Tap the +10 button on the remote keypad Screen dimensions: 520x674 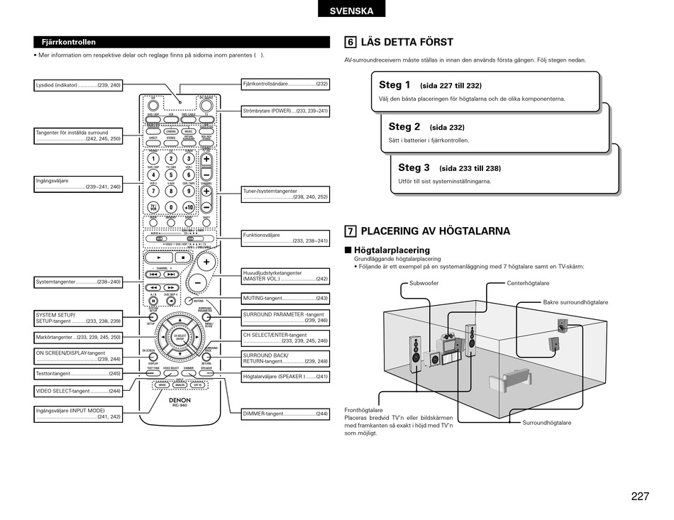point(189,207)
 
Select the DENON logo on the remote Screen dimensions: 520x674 point(179,400)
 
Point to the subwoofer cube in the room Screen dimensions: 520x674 point(436,360)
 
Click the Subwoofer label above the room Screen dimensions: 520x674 point(424,283)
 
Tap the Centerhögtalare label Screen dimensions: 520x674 point(528,283)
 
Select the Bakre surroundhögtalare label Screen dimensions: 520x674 point(575,302)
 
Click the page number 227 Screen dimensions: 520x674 point(639,497)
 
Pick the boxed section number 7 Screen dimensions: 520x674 point(350,231)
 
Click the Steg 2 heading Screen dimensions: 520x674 point(404,127)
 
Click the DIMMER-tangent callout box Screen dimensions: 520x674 point(285,414)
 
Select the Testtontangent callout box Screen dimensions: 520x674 point(78,373)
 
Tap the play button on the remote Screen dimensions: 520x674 point(159,258)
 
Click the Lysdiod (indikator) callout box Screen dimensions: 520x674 point(78,85)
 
